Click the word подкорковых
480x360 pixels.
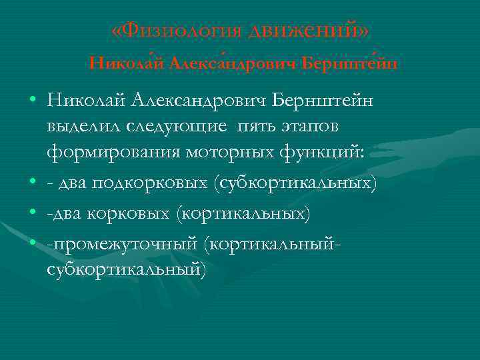point(153,183)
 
